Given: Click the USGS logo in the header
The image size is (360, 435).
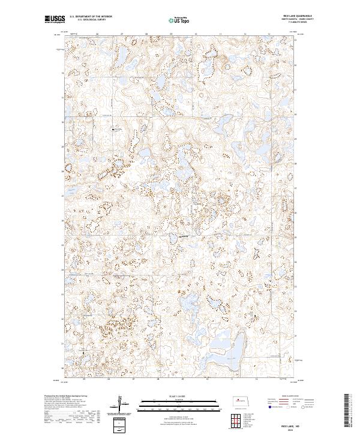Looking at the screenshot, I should (55, 19).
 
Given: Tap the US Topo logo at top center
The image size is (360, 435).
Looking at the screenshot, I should (179, 20).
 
